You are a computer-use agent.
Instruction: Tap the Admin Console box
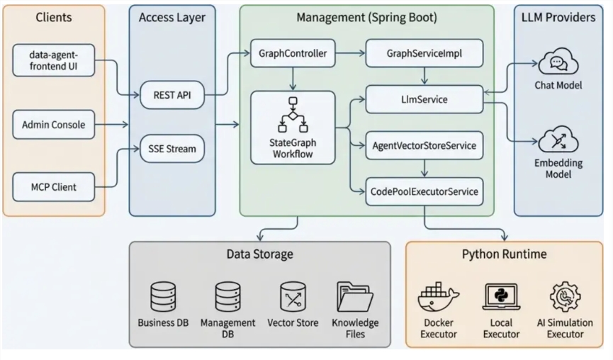pyautogui.click(x=53, y=125)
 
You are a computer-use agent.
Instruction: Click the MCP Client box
pyautogui.click(x=53, y=187)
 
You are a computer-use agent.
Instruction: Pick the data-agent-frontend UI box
pyautogui.click(x=53, y=60)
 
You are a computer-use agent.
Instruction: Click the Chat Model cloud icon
pyautogui.click(x=558, y=64)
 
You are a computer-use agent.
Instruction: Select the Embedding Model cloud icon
pyautogui.click(x=558, y=140)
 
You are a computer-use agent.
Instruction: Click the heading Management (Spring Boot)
pyautogui.click(x=366, y=17)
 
